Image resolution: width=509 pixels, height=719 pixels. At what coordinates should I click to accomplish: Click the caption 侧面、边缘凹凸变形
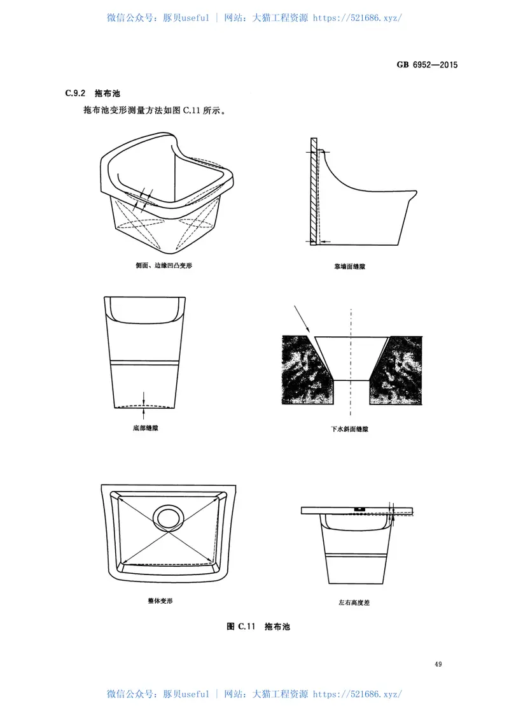tap(164, 266)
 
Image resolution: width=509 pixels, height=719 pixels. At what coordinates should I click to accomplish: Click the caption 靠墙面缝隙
tap(349, 266)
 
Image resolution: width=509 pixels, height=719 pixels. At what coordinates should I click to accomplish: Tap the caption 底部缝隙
tap(146, 428)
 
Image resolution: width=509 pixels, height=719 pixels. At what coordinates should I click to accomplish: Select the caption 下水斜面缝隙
tap(349, 429)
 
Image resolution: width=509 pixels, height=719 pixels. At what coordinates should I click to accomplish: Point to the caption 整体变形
tap(160, 601)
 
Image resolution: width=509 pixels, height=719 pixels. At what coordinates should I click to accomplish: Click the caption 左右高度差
tap(354, 602)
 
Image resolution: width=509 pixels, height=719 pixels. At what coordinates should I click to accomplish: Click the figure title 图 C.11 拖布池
tap(258, 627)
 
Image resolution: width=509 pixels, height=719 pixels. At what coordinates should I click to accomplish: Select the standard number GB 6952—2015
tap(427, 65)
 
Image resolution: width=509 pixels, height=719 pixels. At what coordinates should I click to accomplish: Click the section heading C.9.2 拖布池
tap(92, 93)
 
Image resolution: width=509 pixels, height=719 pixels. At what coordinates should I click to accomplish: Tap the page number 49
tap(438, 664)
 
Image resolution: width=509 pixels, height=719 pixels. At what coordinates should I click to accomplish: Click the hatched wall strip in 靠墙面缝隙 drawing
tap(314, 191)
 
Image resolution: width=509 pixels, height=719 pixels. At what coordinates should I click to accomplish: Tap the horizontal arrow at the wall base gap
tap(325, 241)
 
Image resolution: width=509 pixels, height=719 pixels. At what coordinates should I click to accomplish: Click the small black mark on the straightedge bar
tap(358, 508)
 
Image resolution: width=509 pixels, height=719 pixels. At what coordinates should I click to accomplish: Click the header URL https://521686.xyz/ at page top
tap(358, 18)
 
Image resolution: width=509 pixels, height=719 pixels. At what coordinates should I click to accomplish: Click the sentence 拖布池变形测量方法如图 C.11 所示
tap(155, 111)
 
